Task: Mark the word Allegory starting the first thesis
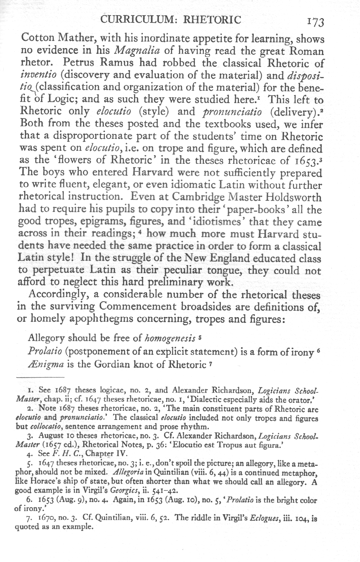[x=46, y=339]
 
